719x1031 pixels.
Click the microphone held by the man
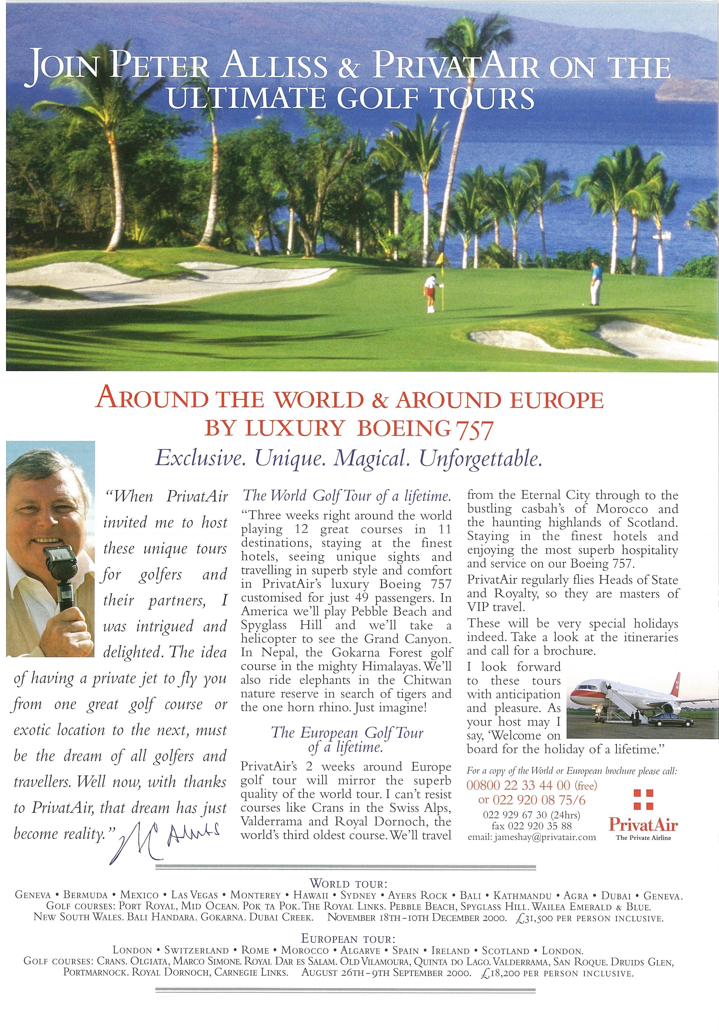tap(59, 566)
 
